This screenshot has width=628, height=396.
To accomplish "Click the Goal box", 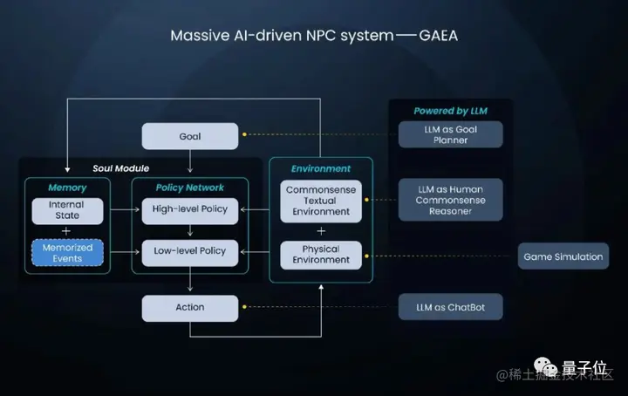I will point(189,136).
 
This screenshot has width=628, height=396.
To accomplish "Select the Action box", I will point(189,307).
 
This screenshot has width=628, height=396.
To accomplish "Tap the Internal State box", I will point(67,210).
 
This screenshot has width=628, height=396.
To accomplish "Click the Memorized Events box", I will point(67,253).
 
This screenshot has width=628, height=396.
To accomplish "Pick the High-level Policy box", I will point(189,210).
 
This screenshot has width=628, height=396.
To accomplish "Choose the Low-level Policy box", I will point(189,251).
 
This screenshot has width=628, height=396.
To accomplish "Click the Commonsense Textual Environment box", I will point(321,200).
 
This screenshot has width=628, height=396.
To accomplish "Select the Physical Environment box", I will point(321,254).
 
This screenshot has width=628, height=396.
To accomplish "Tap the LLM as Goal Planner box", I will point(451,134).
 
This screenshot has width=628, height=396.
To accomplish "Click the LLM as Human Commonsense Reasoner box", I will point(451,200).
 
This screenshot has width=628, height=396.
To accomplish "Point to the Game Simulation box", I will point(563,256).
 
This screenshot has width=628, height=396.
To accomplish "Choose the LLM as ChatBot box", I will point(451,307).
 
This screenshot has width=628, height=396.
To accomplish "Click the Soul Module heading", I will point(120,168).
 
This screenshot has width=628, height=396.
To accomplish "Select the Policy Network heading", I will point(189,188).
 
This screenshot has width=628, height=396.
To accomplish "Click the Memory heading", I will point(67,188).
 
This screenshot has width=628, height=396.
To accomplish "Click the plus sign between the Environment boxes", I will point(321,230).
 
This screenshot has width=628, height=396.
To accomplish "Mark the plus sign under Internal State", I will point(67,231).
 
